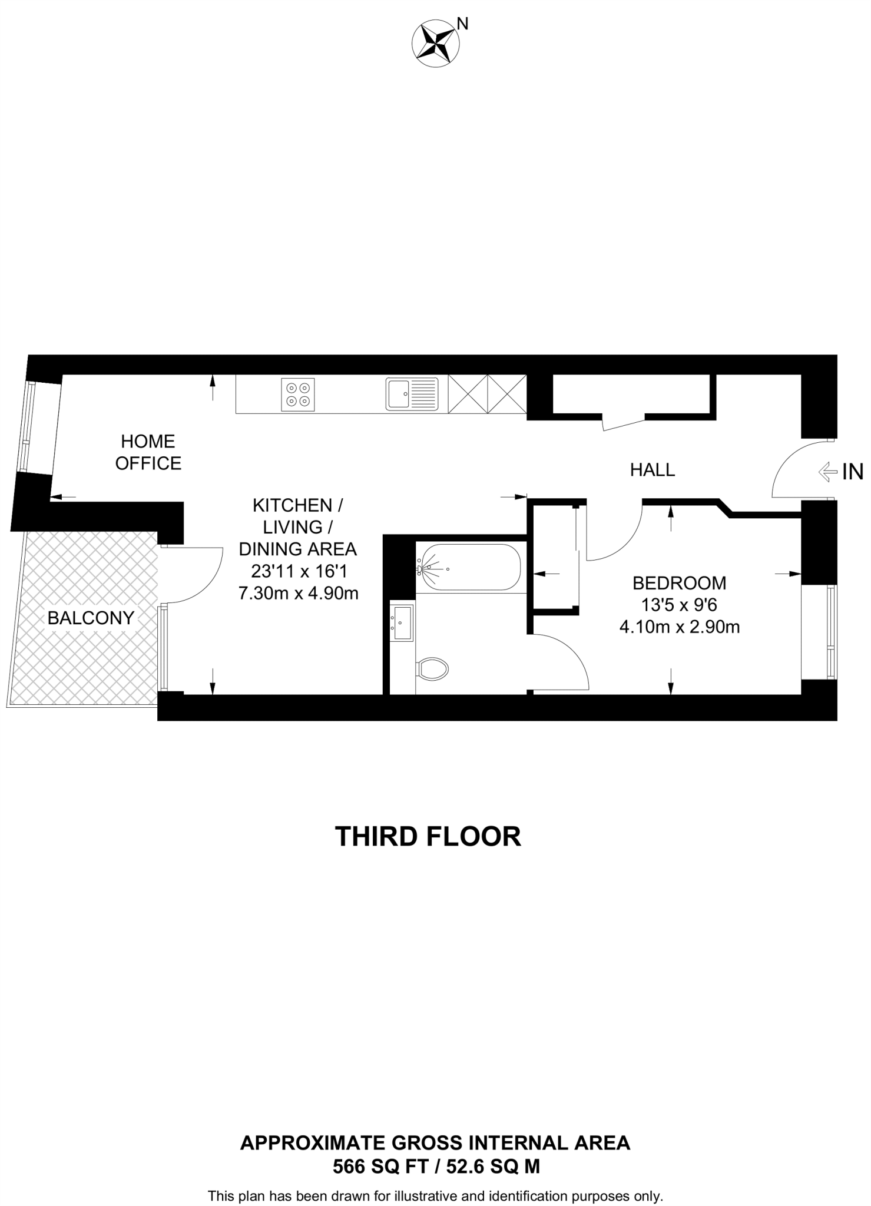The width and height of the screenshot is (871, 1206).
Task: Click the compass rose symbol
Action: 436,42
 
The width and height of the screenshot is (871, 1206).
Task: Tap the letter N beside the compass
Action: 463,24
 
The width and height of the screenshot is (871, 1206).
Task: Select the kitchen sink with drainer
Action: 412,394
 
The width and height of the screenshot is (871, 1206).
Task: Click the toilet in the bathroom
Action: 433,669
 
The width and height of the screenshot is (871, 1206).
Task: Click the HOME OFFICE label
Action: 148,452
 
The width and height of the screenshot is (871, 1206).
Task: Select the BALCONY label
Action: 91,618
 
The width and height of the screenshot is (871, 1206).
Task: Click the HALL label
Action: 652,469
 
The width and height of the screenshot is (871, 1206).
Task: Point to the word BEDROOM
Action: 679,583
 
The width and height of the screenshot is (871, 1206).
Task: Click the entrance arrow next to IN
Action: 828,471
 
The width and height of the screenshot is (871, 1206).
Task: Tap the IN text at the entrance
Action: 852,472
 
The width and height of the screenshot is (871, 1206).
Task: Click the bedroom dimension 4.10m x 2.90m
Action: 679,627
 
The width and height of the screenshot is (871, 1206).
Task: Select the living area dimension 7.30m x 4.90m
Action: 298,593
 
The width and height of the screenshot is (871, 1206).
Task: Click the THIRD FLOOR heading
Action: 428,836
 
